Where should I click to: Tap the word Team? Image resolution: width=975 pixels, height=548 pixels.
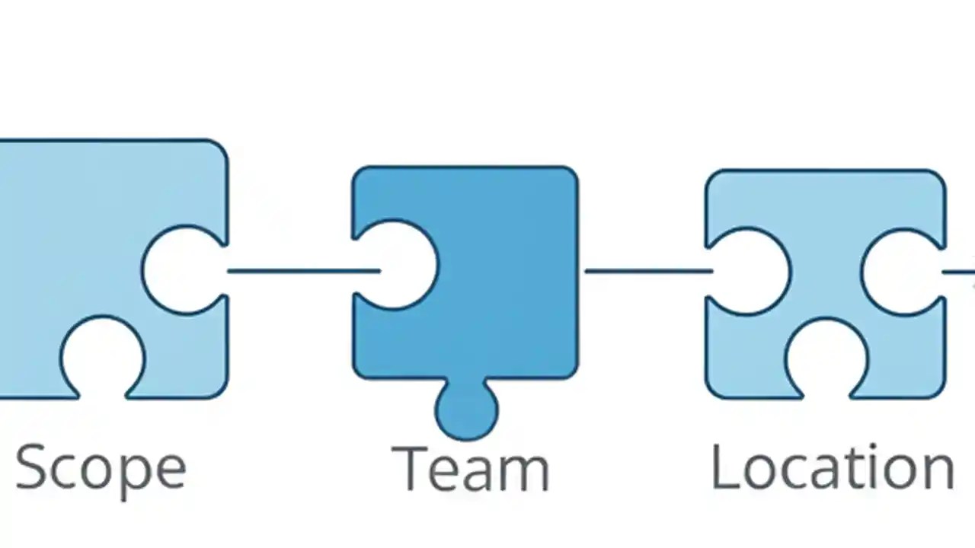(470, 469)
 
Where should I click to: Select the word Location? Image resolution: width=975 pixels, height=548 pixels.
(832, 467)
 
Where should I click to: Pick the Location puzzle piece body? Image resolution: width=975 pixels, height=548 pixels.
(826, 221)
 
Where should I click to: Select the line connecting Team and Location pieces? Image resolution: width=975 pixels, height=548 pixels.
(647, 270)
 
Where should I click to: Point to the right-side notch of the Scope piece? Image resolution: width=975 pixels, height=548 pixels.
(183, 270)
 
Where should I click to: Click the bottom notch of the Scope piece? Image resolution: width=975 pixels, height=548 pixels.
(103, 358)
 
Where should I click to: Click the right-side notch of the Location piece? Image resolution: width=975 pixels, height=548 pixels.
(903, 271)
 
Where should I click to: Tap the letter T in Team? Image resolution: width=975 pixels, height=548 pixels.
(408, 467)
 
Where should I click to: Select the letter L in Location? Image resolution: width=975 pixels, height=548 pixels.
(724, 466)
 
